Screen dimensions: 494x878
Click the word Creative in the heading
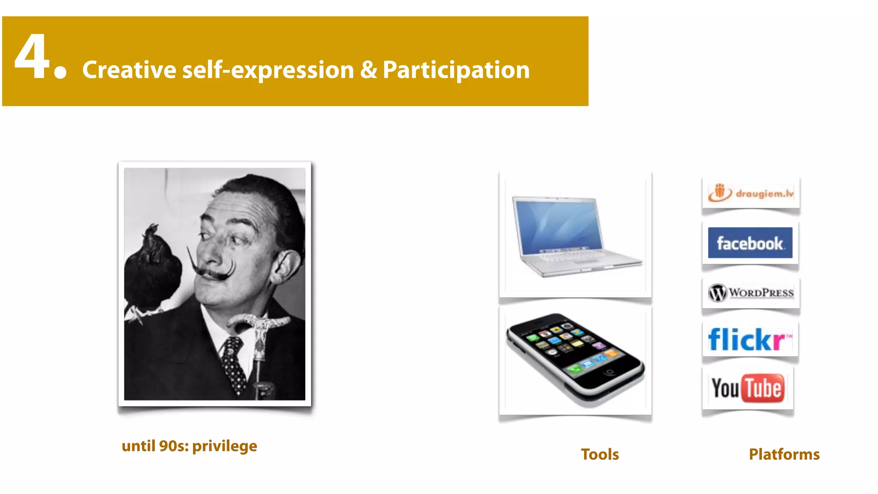tap(129, 70)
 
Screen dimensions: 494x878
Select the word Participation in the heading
tap(456, 70)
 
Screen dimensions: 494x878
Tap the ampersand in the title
tap(368, 70)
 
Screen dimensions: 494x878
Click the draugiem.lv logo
tap(751, 193)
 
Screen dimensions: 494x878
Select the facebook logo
tap(750, 243)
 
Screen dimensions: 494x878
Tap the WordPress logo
tap(751, 293)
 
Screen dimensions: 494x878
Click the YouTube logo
tap(748, 388)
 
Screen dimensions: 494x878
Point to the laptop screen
tap(557, 225)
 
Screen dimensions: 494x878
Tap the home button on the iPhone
tap(610, 371)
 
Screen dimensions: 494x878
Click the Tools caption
tap(599, 454)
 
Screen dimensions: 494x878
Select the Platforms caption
tap(784, 454)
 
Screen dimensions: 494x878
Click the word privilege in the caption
tap(224, 446)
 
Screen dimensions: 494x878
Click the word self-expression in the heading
tap(268, 70)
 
